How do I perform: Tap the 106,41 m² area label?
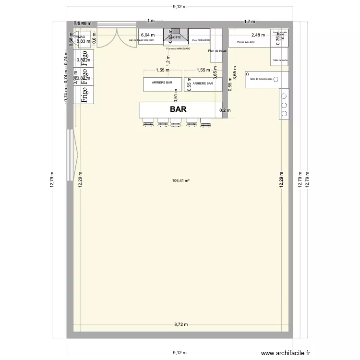coord(180,181)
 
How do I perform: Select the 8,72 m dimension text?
coord(180,325)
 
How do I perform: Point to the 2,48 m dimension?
coord(258,35)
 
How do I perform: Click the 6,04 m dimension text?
coord(147,35)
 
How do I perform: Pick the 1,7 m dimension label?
coord(250,22)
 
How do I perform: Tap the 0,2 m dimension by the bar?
coord(225,111)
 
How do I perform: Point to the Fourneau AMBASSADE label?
coord(178,48)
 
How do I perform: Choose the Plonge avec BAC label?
coord(245,42)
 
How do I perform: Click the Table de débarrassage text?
coord(261,79)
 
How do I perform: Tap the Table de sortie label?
coord(280,60)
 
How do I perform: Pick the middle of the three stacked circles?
coord(284,104)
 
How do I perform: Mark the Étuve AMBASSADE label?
coord(201,41)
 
